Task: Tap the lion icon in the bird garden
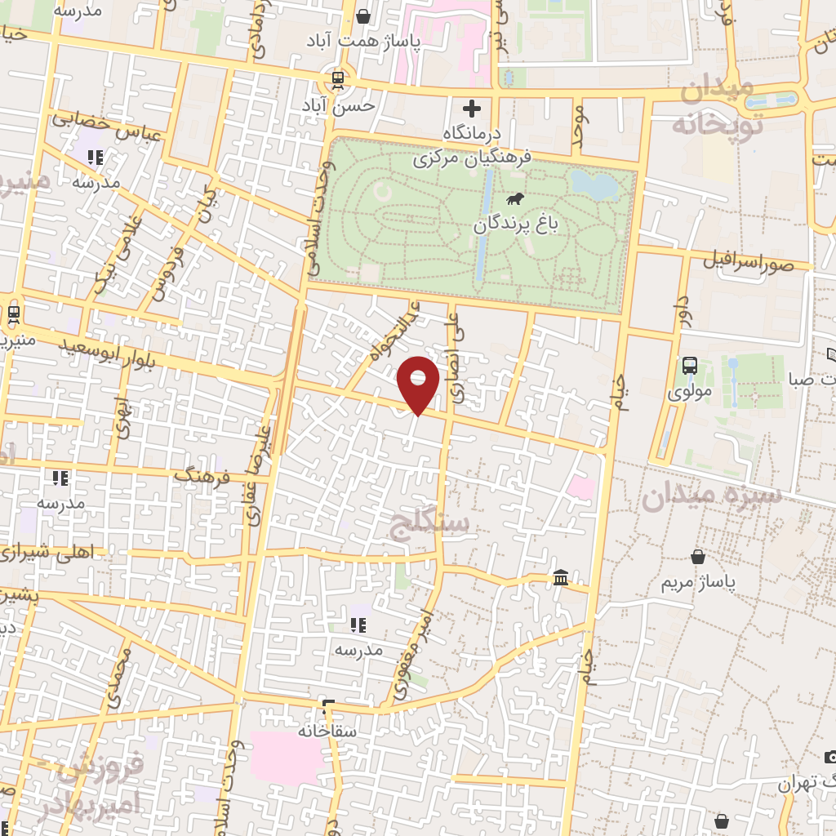coord(515,199)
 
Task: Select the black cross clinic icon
coord(471,108)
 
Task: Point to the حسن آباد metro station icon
coord(337,80)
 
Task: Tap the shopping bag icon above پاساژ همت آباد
coord(363,16)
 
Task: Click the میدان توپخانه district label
coord(717,106)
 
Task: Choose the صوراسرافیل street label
coord(748,261)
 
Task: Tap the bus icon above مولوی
coord(690,366)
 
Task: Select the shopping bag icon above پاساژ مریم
coord(698,557)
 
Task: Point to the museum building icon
coord(561,578)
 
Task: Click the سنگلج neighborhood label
coord(430,523)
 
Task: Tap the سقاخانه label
coord(327,731)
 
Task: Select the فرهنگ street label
coord(205,474)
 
